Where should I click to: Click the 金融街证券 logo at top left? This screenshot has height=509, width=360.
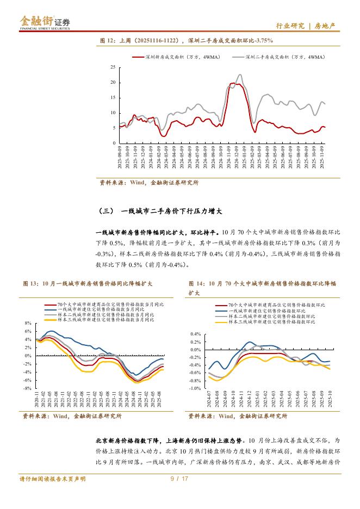tap(45, 22)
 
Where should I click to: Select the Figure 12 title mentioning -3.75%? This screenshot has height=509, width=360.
tap(186, 40)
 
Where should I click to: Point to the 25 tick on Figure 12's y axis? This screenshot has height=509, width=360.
tap(113, 67)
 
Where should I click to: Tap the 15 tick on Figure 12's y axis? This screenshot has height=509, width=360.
tap(113, 98)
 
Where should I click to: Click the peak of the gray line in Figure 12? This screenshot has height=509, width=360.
tap(240, 75)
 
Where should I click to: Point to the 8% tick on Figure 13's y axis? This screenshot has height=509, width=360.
tap(28, 324)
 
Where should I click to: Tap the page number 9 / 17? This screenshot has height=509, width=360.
tap(179, 479)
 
